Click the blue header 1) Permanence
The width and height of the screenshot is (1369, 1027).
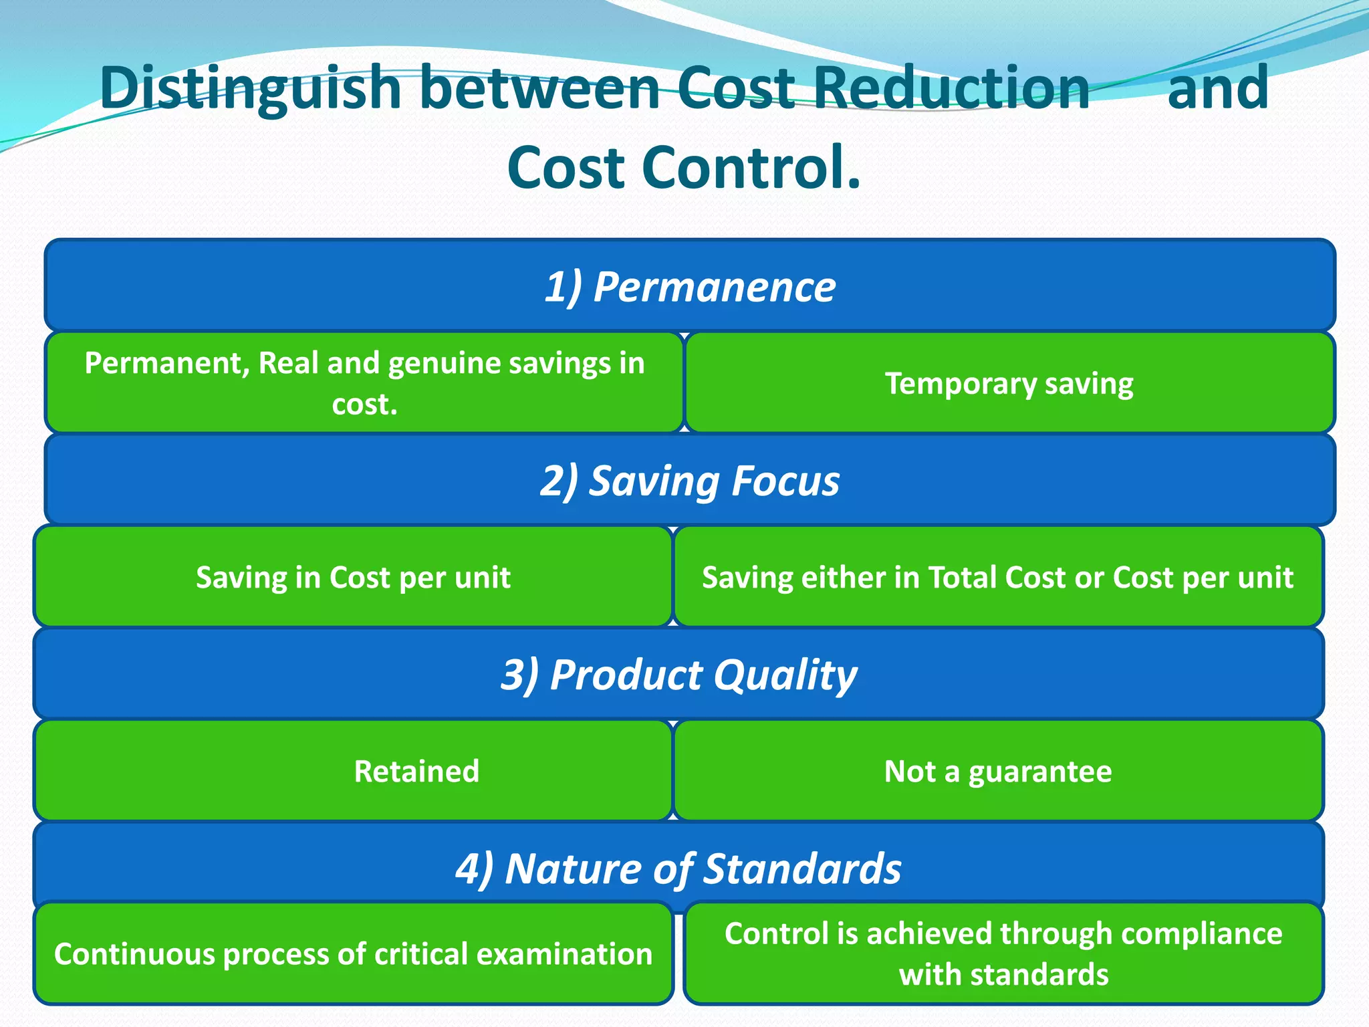click(x=690, y=287)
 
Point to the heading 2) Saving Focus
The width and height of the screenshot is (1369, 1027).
click(x=690, y=481)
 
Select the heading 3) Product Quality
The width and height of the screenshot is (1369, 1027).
click(x=678, y=675)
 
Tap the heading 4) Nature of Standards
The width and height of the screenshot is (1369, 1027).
click(x=678, y=869)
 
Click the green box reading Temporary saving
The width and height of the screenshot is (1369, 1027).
click(x=1009, y=384)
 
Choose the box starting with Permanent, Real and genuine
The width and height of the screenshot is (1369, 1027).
click(x=364, y=383)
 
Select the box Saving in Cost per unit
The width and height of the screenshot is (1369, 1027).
click(x=353, y=577)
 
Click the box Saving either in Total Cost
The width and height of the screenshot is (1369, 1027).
click(x=998, y=577)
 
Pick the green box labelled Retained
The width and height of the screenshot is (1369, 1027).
click(x=416, y=771)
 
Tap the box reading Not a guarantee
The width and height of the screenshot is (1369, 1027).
click(x=998, y=771)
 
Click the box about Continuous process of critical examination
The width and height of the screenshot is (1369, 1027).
click(x=353, y=954)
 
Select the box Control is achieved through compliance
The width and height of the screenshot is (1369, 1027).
click(x=1003, y=954)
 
